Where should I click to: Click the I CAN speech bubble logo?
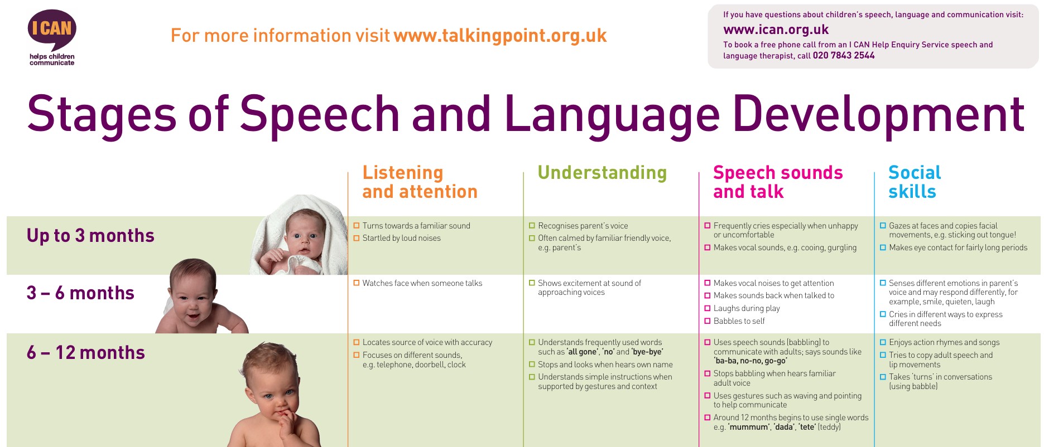(51, 31)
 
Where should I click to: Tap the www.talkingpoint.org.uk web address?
(500, 36)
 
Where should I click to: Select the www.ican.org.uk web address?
(776, 30)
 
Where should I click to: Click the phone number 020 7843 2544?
(844, 55)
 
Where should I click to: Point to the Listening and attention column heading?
(420, 182)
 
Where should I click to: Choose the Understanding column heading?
(602, 173)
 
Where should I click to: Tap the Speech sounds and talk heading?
(778, 182)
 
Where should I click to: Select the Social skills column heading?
(915, 182)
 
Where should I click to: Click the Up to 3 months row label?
(90, 236)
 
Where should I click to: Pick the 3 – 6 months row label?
(80, 293)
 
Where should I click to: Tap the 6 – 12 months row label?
(86, 353)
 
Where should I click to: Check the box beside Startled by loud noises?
(357, 238)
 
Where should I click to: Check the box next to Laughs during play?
(708, 308)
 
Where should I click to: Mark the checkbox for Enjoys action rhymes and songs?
(883, 342)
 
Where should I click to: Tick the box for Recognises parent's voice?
(532, 226)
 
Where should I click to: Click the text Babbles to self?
(739, 321)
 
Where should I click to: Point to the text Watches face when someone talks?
(422, 283)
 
